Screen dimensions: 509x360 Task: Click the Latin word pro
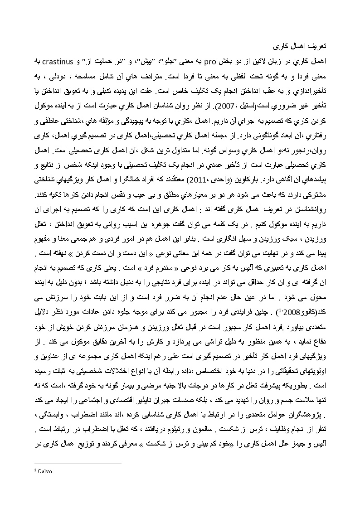pos(209,60)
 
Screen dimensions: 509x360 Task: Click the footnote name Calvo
pos(44,471)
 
